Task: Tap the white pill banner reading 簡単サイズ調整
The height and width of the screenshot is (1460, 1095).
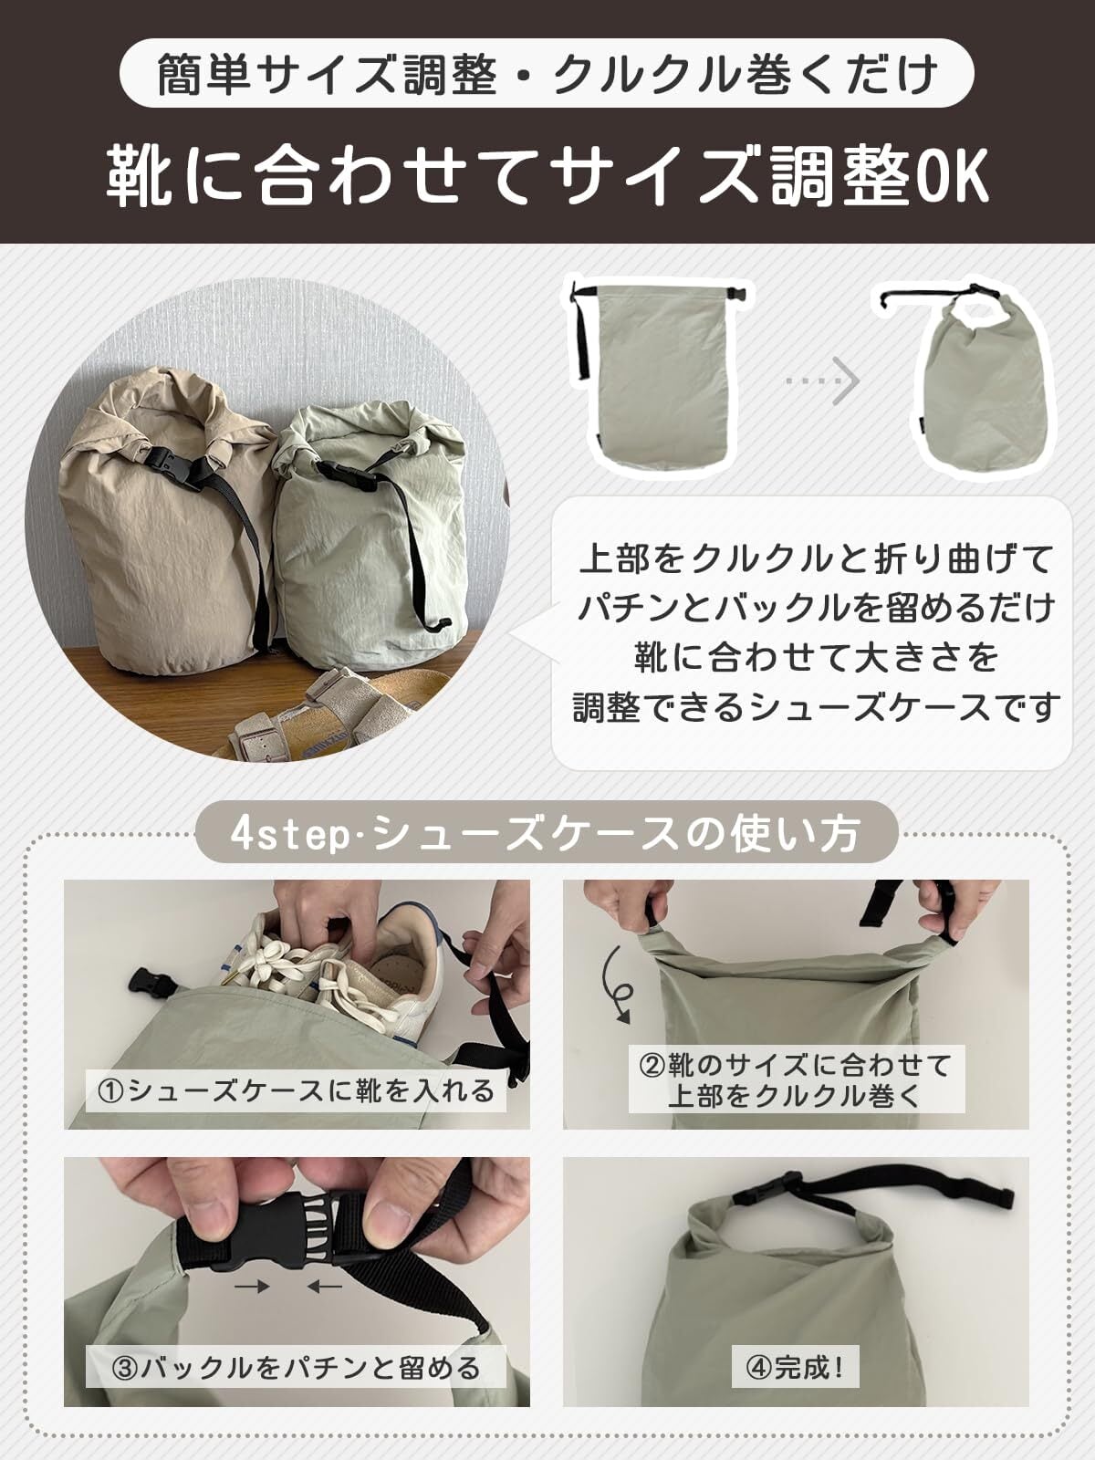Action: click(x=547, y=73)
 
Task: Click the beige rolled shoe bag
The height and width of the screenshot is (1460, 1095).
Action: click(x=165, y=520)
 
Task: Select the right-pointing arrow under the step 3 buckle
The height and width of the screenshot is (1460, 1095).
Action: click(x=252, y=1287)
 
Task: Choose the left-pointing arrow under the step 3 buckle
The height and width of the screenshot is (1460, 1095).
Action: click(x=325, y=1287)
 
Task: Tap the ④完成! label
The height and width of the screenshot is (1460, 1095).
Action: click(x=795, y=1366)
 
